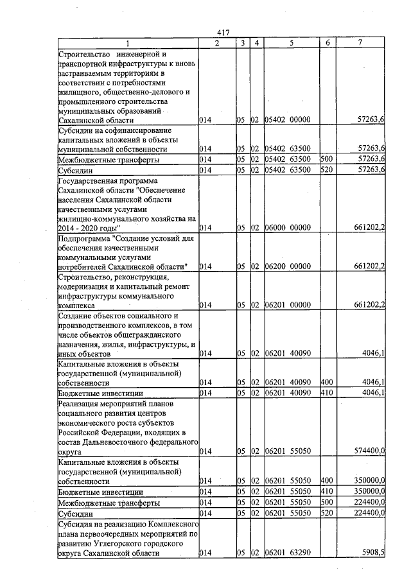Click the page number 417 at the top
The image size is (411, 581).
(x=223, y=33)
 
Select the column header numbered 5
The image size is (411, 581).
(x=292, y=43)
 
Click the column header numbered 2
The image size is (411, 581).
(x=216, y=43)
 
